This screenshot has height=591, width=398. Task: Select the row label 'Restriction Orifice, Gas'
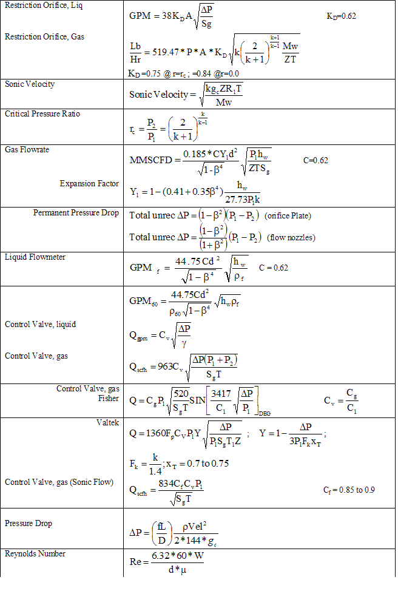coord(44,36)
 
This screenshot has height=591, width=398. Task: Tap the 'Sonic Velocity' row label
coord(30,84)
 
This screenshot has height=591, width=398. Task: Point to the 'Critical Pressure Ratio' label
coord(42,114)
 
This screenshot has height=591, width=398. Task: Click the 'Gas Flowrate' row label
coord(27,149)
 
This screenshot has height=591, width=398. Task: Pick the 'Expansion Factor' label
coord(89,183)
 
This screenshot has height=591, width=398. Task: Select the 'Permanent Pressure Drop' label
coord(76,213)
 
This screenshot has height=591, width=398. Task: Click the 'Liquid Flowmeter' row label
coord(35,257)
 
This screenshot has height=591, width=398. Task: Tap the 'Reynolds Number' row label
coord(35,553)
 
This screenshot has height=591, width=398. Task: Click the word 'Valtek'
coord(107,422)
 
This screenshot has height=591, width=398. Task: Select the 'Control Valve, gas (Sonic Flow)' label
coord(59,482)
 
